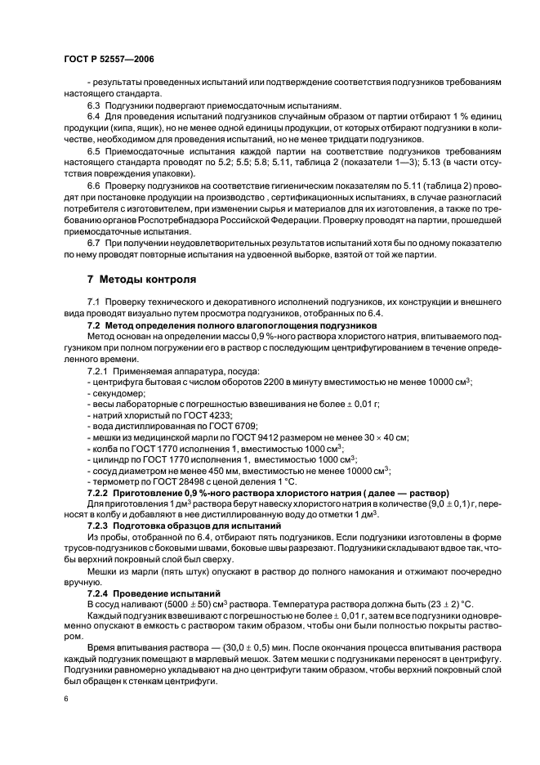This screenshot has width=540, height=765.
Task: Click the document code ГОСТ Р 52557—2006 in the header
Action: [x=109, y=60]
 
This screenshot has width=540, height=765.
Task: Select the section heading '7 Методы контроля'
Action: [x=137, y=280]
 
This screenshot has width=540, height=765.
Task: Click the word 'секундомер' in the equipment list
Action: [x=117, y=393]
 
